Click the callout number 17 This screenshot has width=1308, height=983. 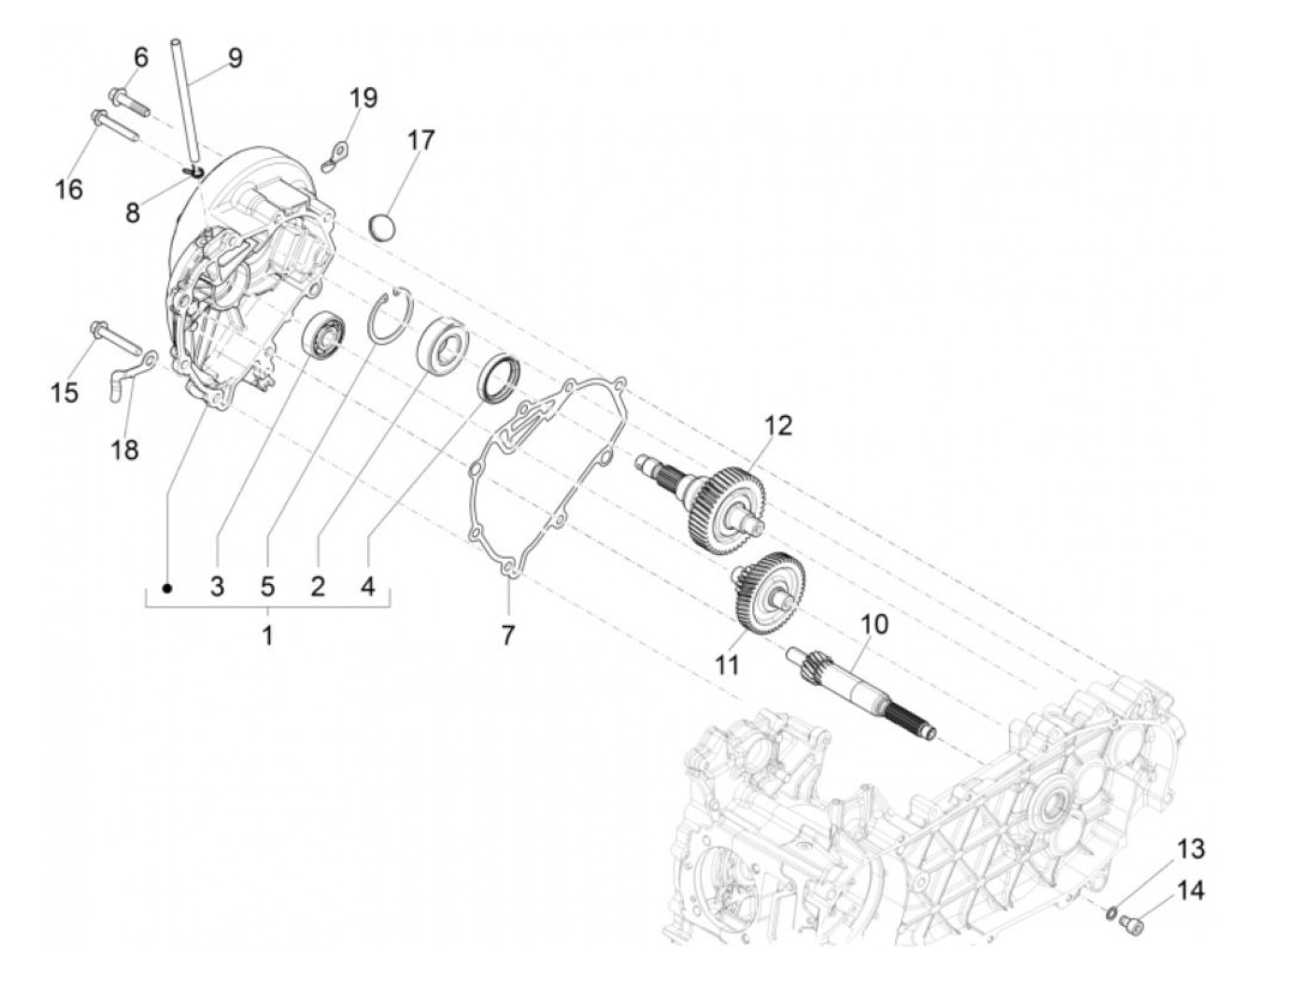pyautogui.click(x=420, y=140)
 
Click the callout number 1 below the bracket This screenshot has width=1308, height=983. pyautogui.click(x=267, y=636)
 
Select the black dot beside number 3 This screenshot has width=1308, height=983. pyautogui.click(x=167, y=588)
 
